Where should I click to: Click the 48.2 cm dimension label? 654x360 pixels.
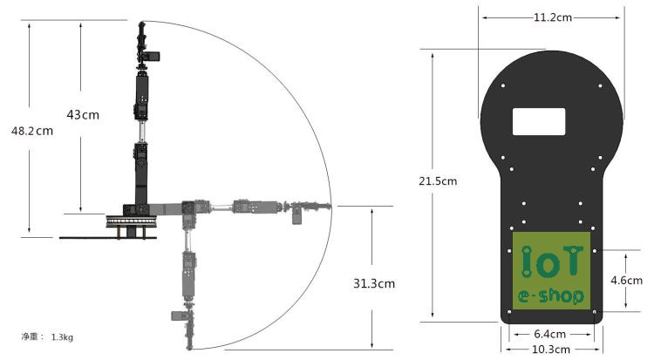point(32,131)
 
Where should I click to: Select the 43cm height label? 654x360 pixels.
point(83,115)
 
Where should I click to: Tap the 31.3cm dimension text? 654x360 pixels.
point(374,283)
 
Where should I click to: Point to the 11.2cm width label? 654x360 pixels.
point(553,17)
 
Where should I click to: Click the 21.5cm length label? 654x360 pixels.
point(438,181)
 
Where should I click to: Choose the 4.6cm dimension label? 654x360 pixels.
point(626,281)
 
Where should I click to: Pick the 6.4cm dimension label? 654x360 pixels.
point(549,334)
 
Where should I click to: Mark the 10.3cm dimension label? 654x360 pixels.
point(551,350)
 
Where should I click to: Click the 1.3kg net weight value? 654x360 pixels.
point(62,337)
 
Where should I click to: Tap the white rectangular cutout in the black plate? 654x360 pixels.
point(539,121)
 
